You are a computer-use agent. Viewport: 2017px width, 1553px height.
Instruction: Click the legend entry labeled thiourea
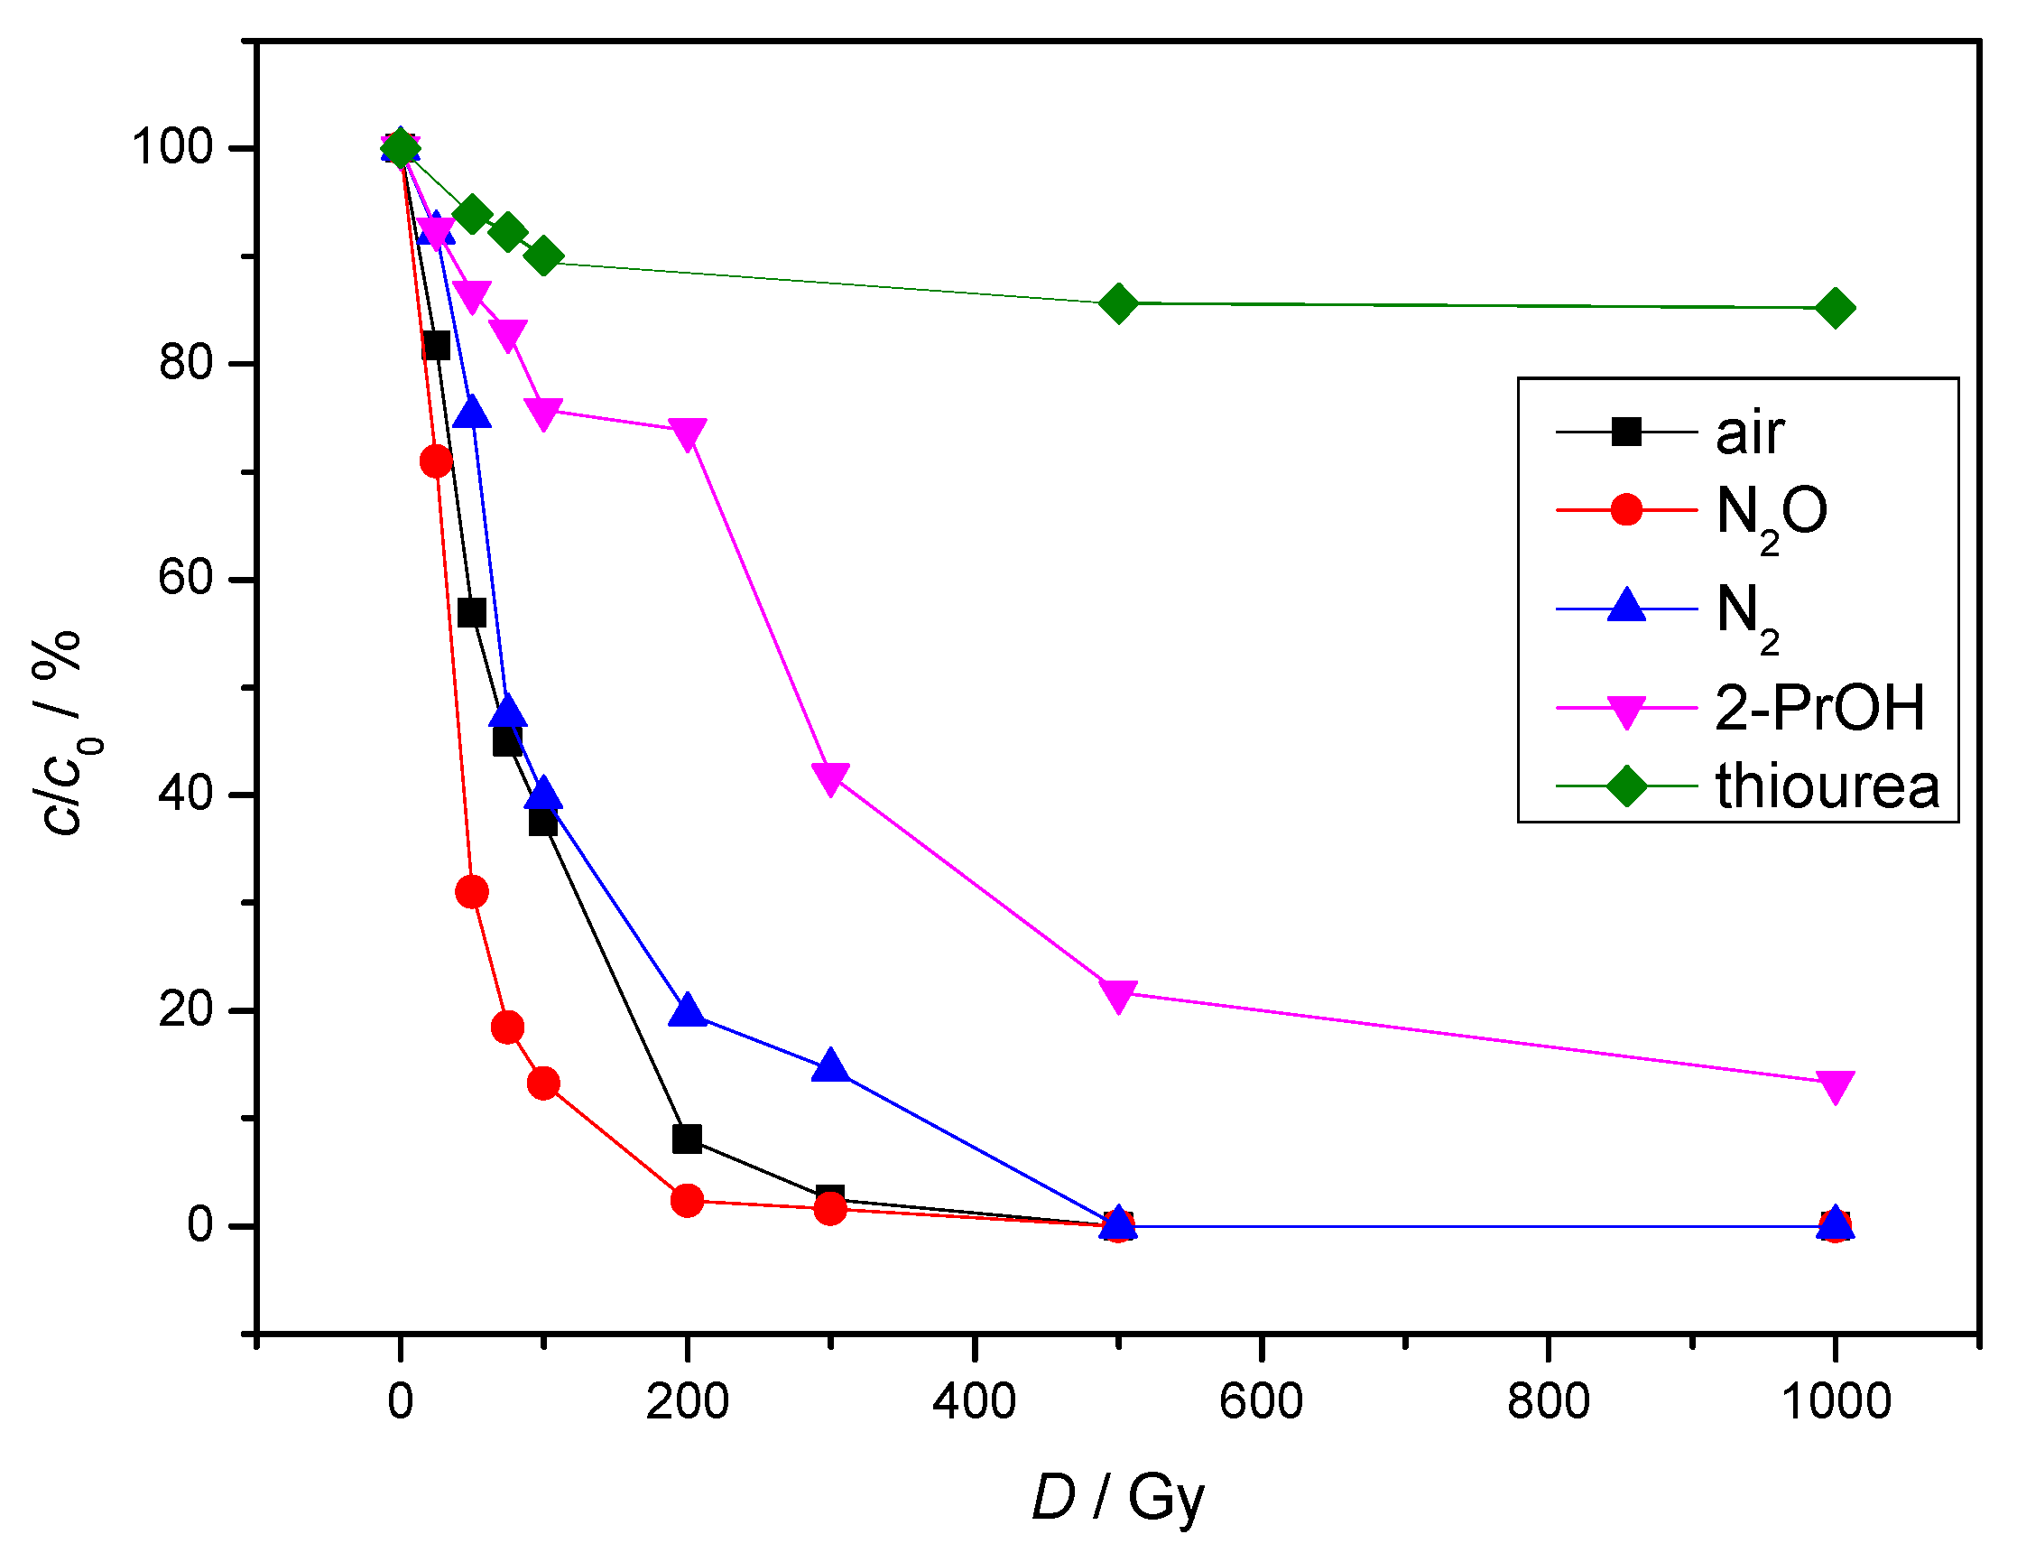(x=1826, y=787)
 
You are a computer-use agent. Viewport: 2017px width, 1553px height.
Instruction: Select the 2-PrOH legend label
(x=1818, y=708)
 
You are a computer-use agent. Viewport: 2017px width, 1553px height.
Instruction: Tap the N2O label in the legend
(x=1771, y=514)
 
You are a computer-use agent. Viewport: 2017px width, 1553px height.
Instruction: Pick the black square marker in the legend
(x=1625, y=432)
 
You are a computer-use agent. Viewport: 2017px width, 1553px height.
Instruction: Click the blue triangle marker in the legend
(x=1625, y=606)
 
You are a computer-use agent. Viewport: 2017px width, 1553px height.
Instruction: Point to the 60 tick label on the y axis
(x=185, y=579)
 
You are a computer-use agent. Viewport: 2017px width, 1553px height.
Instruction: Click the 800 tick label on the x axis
(x=1548, y=1401)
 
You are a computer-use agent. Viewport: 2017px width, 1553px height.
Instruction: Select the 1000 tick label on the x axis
(x=1835, y=1401)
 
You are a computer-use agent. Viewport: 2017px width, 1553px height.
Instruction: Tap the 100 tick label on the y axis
(x=172, y=147)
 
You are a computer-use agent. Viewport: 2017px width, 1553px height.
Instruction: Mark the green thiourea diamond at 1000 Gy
(x=1835, y=308)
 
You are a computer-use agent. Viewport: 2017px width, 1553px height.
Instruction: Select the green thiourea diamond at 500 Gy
(x=1117, y=303)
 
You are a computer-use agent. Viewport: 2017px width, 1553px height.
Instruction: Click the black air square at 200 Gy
(x=686, y=1139)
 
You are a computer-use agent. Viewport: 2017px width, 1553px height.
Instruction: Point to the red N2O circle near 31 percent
(x=471, y=891)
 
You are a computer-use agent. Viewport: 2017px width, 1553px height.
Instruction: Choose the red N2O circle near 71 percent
(x=435, y=461)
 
